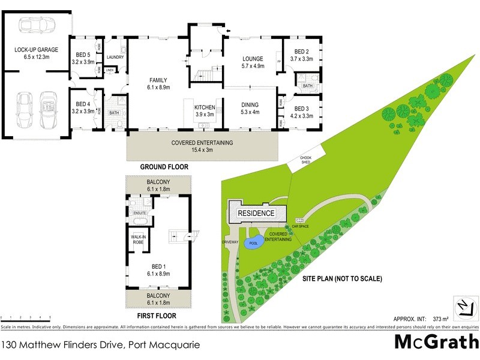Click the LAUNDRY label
(x=115, y=58)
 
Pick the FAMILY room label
(x=158, y=84)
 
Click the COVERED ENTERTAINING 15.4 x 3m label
(x=202, y=146)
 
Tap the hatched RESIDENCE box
(x=256, y=213)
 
